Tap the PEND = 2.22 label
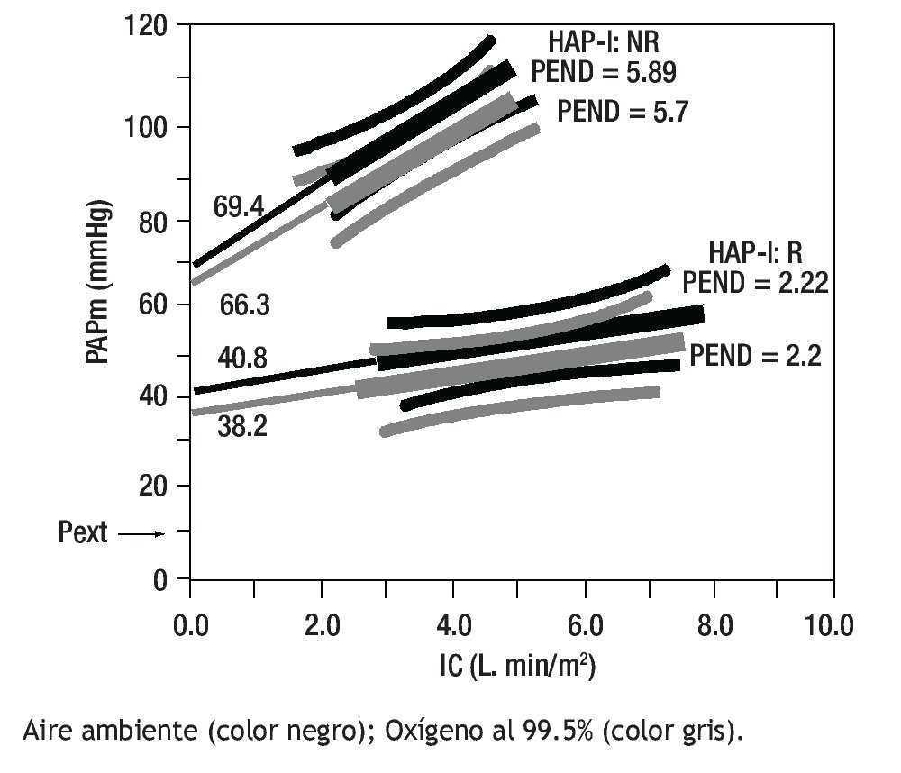[755, 282]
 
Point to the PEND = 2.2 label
[755, 356]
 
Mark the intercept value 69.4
[238, 206]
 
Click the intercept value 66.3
[245, 305]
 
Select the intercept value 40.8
[241, 358]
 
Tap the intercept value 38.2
[241, 426]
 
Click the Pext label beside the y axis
[83, 532]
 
